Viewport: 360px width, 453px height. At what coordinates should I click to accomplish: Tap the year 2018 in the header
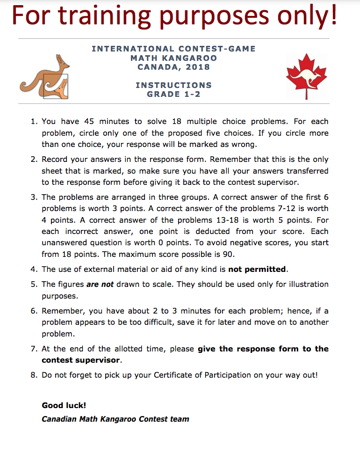(197, 67)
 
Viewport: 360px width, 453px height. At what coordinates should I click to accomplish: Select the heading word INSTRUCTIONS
(173, 85)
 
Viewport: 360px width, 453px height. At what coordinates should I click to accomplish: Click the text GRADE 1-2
(173, 94)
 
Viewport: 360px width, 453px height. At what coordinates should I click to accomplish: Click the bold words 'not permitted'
(257, 269)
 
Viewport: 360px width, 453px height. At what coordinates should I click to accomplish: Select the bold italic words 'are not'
(100, 284)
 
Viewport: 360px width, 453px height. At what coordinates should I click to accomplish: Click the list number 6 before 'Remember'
(34, 311)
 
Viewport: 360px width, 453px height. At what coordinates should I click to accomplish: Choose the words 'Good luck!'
(64, 405)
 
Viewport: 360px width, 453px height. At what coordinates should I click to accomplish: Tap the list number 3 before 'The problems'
(34, 197)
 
